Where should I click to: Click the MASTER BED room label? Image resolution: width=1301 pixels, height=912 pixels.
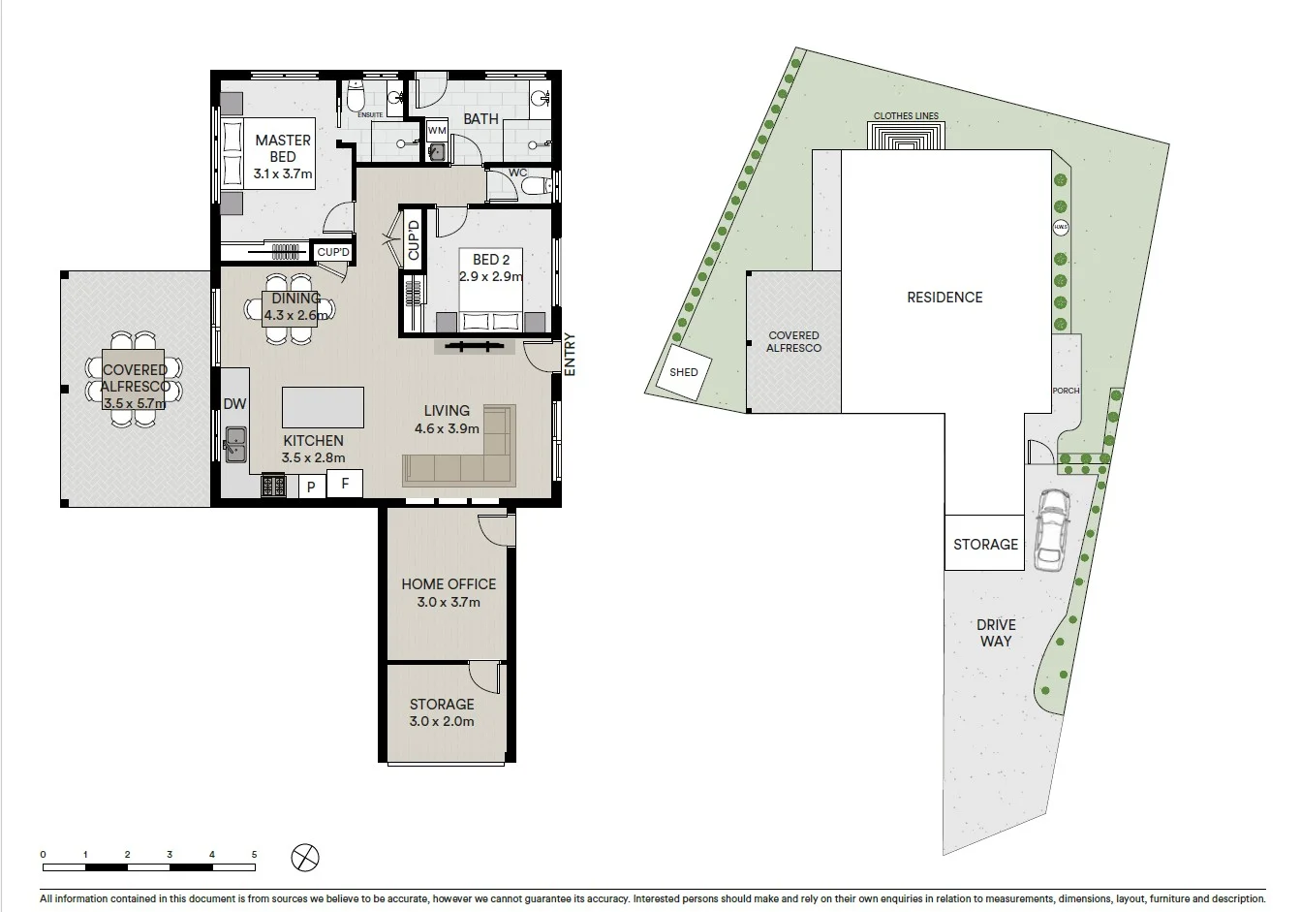(x=283, y=148)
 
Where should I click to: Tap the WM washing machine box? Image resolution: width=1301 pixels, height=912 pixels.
(x=437, y=130)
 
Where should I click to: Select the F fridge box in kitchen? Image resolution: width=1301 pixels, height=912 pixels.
(x=345, y=484)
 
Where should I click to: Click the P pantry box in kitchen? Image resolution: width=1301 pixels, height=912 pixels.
(x=311, y=487)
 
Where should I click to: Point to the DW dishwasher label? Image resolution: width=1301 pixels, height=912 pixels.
(x=234, y=404)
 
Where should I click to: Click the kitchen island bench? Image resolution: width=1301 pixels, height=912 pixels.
(x=323, y=407)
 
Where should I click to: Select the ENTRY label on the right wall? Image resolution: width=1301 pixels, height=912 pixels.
(x=570, y=354)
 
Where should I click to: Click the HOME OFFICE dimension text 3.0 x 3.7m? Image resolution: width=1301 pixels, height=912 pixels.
(x=449, y=602)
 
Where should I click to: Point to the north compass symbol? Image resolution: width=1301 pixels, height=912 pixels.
(x=305, y=857)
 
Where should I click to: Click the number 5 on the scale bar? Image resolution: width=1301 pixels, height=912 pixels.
(x=255, y=854)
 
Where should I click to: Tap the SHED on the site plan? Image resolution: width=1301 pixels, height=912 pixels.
(x=684, y=372)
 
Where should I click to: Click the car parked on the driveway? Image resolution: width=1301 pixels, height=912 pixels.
(x=1051, y=528)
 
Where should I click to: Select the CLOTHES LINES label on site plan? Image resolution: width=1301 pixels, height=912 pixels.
(x=906, y=116)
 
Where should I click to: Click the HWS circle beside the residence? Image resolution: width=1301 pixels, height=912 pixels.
(x=1061, y=228)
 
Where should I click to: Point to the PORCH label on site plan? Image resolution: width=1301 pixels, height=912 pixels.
(x=1066, y=391)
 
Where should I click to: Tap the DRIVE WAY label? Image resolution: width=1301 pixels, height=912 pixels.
(x=995, y=633)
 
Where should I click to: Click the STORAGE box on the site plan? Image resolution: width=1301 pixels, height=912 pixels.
(x=985, y=544)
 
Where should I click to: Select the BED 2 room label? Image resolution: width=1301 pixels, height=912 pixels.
(x=491, y=260)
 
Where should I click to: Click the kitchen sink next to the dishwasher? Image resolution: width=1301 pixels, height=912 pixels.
(x=235, y=445)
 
